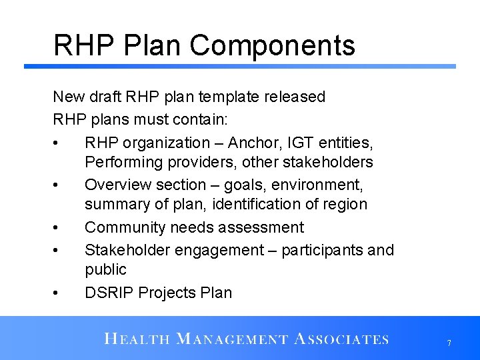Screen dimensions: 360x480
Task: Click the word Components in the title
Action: [273, 46]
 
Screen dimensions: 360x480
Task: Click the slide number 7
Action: [449, 343]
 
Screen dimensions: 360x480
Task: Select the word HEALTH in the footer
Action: [136, 339]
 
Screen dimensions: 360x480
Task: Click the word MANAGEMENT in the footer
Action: [231, 339]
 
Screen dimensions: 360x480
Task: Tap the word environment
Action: [323, 185]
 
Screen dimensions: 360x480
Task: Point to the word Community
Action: [125, 227]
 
